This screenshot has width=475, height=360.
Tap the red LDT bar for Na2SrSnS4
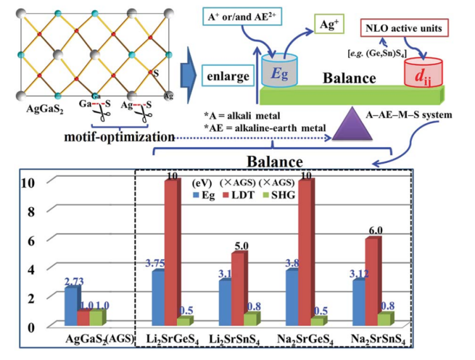pyautogui.click(x=373, y=282)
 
